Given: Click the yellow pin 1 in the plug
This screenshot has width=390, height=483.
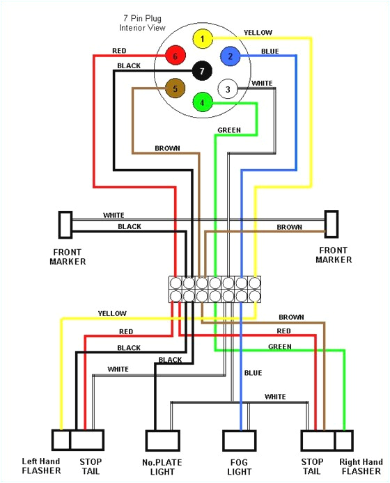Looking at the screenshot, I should click(x=202, y=39).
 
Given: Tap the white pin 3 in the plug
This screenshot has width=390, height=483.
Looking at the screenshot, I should click(x=228, y=88).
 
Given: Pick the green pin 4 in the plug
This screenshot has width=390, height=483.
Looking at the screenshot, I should click(x=202, y=102).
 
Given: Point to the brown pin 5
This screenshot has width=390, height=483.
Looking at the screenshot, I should click(x=175, y=88).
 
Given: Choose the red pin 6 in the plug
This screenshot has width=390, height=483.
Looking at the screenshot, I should click(x=175, y=56).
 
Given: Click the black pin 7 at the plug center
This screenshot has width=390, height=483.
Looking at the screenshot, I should click(x=202, y=70).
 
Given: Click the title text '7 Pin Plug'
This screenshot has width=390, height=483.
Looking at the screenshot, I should click(x=139, y=19).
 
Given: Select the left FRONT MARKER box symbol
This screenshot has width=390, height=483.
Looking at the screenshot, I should click(x=64, y=225).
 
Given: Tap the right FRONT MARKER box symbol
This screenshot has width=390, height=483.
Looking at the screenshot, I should click(x=331, y=225).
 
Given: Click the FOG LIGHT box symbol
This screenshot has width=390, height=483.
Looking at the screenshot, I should click(x=240, y=441).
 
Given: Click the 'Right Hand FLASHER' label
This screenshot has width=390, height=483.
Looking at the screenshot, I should click(x=361, y=466).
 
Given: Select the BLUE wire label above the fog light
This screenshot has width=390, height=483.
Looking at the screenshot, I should click(x=253, y=373).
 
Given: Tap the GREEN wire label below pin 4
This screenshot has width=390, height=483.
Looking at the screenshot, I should click(x=229, y=130).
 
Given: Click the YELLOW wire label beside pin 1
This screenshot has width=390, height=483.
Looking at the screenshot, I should click(x=258, y=33).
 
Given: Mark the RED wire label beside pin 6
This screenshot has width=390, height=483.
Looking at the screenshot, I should click(x=119, y=51).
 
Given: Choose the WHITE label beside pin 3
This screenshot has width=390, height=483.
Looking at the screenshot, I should click(x=262, y=84).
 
